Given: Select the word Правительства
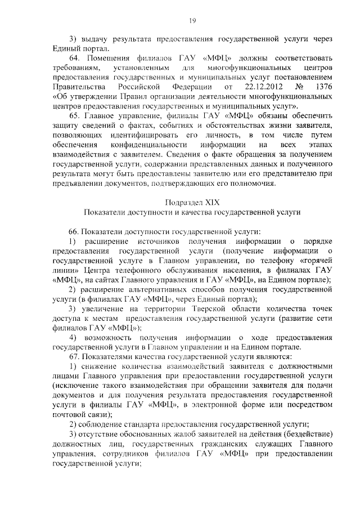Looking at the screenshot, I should click(x=79, y=87).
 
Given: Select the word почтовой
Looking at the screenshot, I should click(x=69, y=415).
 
